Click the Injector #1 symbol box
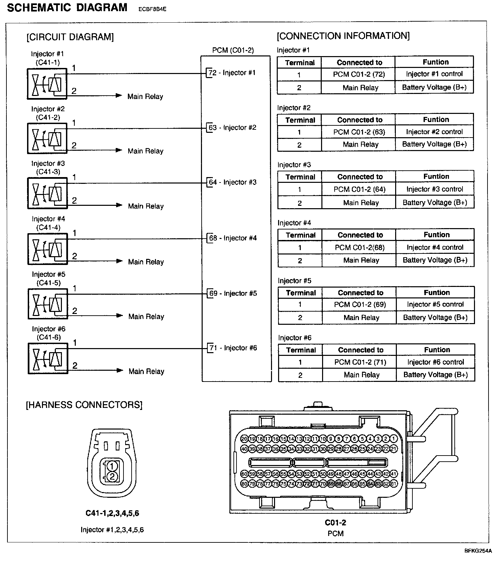pos(47,84)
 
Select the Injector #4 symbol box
pos(48,249)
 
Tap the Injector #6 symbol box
pos(48,358)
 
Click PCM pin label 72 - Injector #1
pos(232,73)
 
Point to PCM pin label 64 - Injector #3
pos(233,182)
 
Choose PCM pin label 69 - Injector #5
pos(233,293)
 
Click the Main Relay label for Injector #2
pos(145,151)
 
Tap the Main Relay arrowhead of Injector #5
pos(119,316)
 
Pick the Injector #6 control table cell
pos(436,362)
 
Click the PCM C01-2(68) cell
pos(360,247)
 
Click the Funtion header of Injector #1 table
pos(435,62)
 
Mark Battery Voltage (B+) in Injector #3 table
pos(435,203)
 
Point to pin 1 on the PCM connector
pos(393,439)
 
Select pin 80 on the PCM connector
pos(244,484)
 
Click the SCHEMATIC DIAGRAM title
pos(67,8)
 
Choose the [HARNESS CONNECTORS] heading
pos(84,405)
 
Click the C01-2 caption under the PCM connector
pos(335,523)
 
